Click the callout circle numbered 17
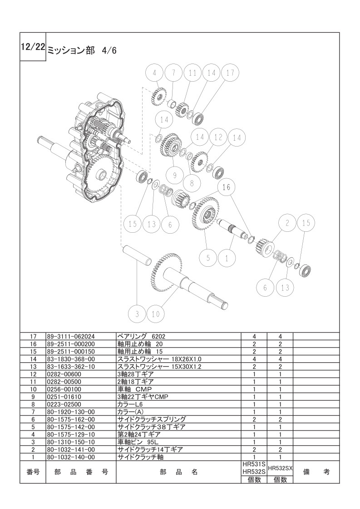coord(230,73)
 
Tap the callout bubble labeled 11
coord(192,73)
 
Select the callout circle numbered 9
coord(175,175)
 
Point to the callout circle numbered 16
coord(226,187)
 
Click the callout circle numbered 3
coord(137,314)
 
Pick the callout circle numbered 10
coord(156,314)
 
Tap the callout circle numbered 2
coord(287,223)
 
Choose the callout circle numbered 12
coord(218,137)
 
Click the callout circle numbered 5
coord(208,258)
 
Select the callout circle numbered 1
coord(227,258)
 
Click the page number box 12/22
coord(33,47)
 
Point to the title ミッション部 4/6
coord(82,51)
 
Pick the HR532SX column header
coord(280,469)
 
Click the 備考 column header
coord(316,472)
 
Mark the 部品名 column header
coord(179,472)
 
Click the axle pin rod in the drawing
coord(137,255)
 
